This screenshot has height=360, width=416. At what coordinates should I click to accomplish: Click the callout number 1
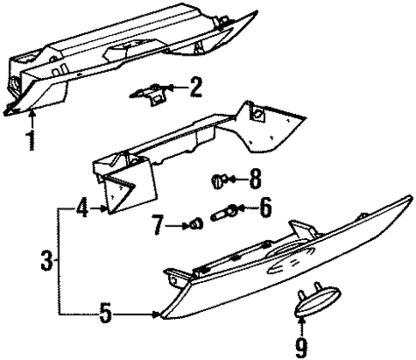click(32, 140)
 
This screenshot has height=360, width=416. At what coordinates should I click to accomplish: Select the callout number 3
click(48, 258)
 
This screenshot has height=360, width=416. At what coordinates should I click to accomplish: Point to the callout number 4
click(81, 207)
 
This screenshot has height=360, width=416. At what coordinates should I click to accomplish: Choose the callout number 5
click(105, 315)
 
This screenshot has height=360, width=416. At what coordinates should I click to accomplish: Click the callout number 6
click(265, 207)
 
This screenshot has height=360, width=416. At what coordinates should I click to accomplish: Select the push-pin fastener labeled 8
click(219, 181)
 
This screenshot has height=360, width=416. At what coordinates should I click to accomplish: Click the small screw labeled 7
click(196, 225)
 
